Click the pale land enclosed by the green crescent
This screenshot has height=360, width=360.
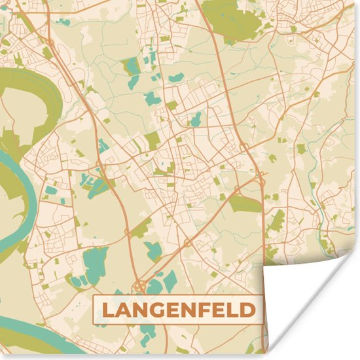coord(20,108)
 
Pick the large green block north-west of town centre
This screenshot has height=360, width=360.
coord(152,139)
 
